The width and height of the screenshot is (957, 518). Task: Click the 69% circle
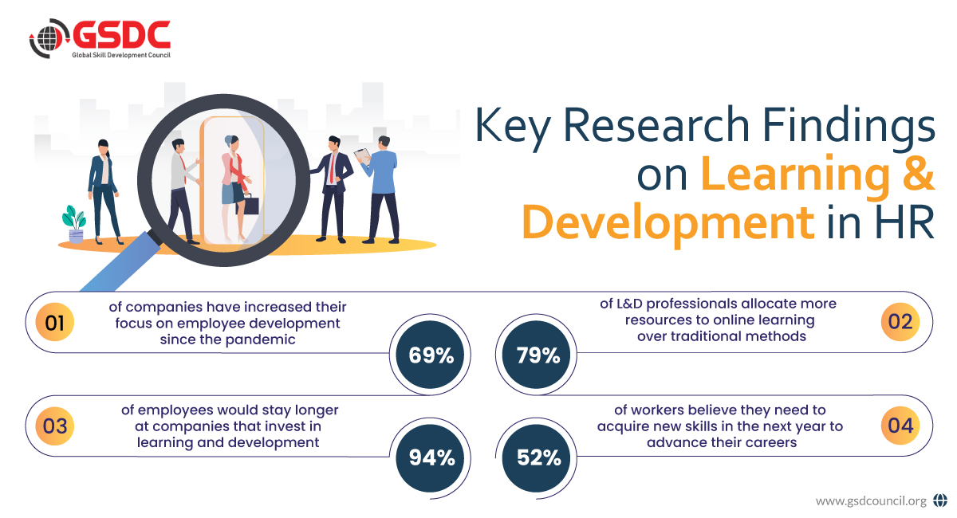point(431,355)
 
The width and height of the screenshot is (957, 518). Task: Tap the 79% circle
point(539,355)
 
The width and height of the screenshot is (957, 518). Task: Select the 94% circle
point(431,457)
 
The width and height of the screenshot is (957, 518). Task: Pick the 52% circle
point(539,457)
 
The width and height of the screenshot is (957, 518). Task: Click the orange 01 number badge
point(55,324)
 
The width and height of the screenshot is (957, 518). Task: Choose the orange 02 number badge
point(900,323)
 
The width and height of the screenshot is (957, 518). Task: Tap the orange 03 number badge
point(55,426)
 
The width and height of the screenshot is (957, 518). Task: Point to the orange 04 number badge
point(900,426)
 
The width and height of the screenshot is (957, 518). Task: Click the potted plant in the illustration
point(75,224)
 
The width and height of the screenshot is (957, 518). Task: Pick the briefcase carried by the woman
point(251,205)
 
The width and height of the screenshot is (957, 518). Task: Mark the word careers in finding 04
point(765,442)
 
